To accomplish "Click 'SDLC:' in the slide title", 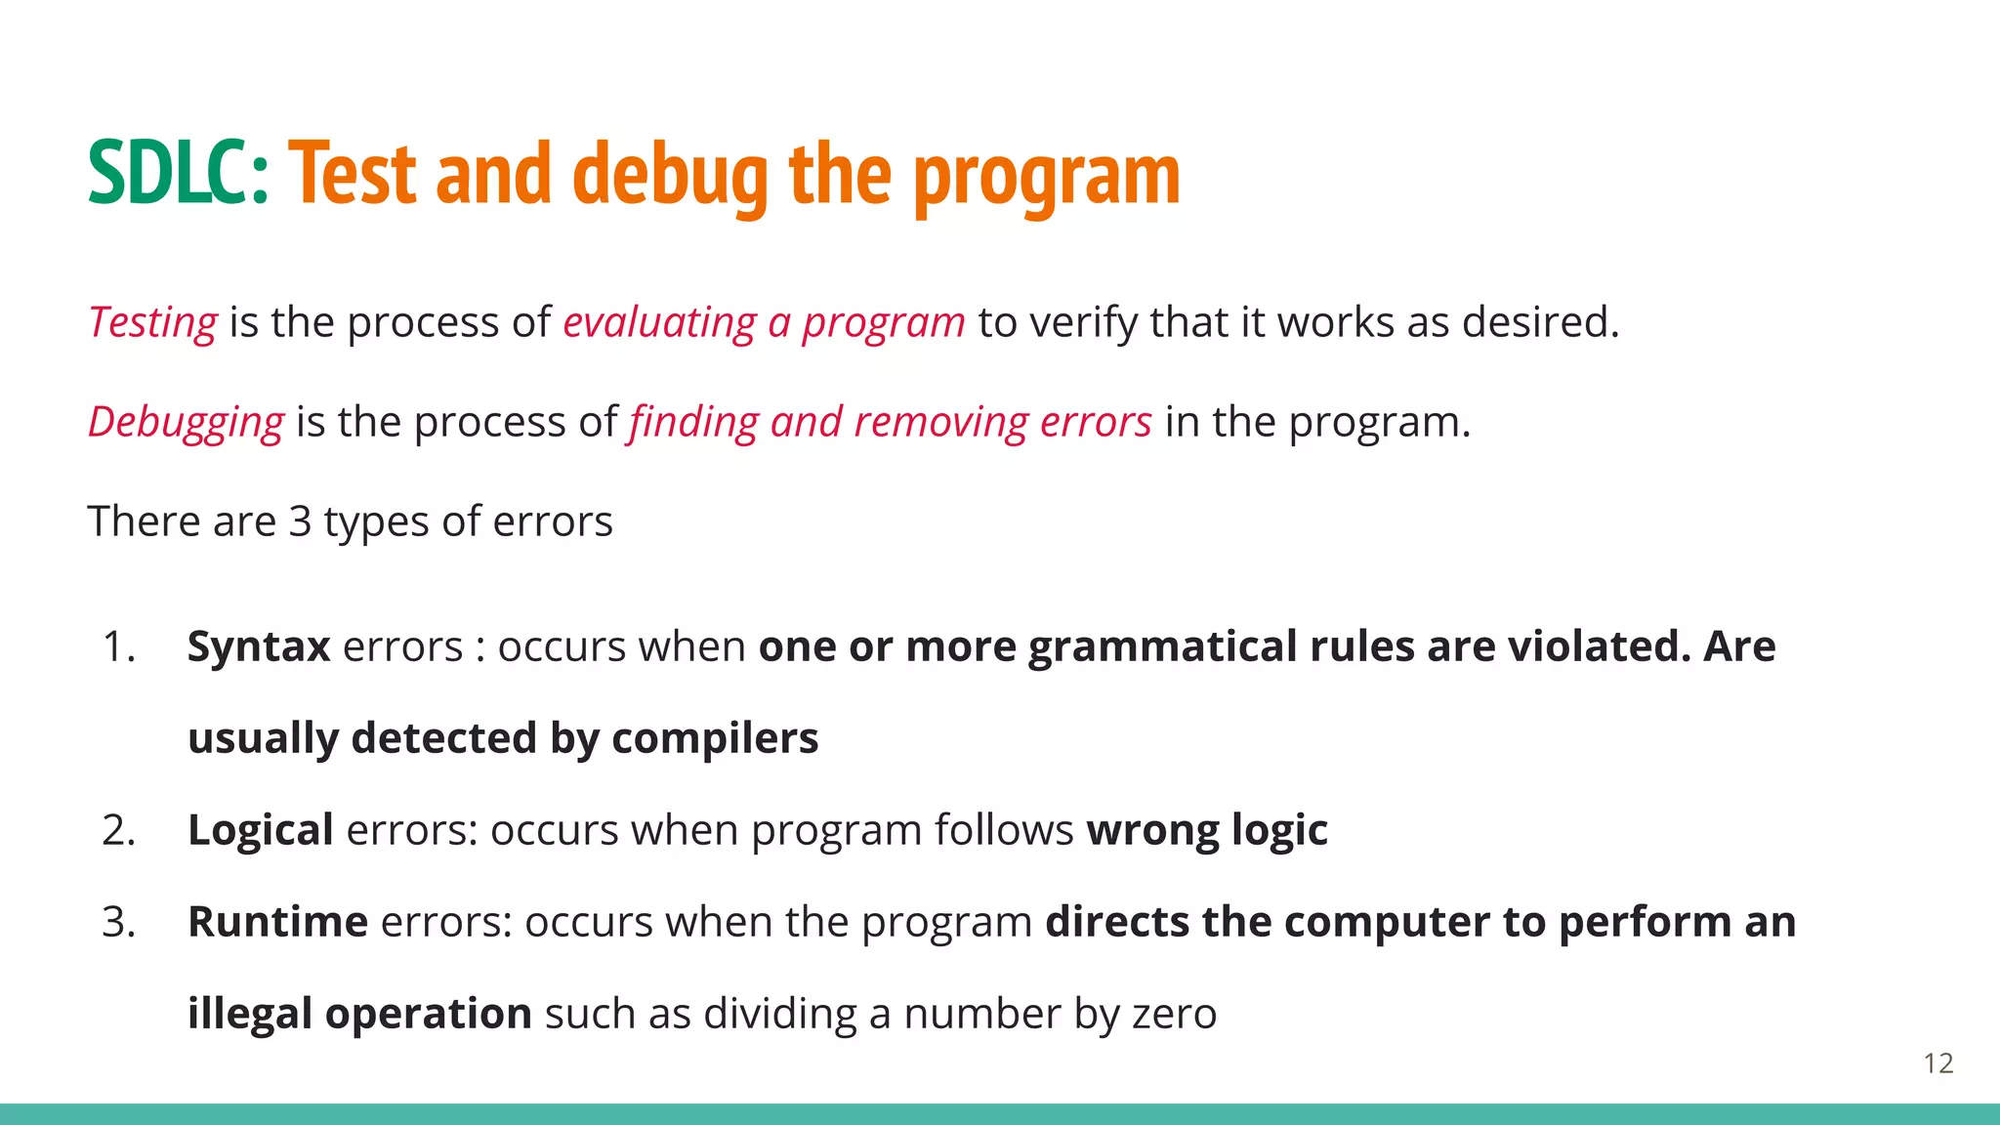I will [178, 174].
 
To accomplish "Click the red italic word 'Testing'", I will [152, 322].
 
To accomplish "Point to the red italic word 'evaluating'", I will [659, 322].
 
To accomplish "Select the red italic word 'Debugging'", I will [186, 422].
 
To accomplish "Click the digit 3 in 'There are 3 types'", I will [300, 521].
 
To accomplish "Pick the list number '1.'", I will [118, 646].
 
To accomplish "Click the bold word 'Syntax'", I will [259, 646].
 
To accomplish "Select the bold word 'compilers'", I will [715, 738].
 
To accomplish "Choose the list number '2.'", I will [118, 830].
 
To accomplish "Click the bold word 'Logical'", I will [261, 830].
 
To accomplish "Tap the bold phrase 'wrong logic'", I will [1207, 830].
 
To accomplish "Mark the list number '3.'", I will [118, 922].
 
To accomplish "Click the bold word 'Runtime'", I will [277, 922].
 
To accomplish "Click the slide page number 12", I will [1938, 1062].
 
